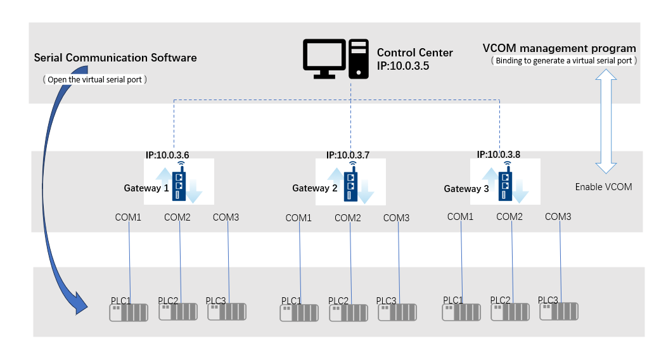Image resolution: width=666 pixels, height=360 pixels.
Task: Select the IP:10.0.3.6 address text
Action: point(167,153)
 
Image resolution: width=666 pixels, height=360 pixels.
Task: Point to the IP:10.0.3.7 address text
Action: point(349,154)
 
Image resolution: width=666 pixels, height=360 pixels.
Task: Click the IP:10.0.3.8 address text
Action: point(499,153)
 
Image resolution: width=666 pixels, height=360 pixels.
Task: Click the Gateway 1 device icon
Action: point(181,182)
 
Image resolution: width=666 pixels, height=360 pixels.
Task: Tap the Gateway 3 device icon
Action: point(506,182)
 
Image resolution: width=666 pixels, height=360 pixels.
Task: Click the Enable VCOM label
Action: point(603,187)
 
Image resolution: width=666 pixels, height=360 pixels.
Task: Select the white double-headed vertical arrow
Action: point(606,121)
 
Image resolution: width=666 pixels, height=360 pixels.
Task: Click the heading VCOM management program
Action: point(559,48)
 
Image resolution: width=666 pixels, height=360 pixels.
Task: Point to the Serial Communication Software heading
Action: point(115,58)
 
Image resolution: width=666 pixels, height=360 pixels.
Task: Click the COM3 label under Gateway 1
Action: point(226,217)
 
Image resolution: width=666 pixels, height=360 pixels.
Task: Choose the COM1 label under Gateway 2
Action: point(298,218)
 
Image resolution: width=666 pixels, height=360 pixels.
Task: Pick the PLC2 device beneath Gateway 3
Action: point(511,311)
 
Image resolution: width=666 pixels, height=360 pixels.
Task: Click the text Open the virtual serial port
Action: point(94,79)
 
